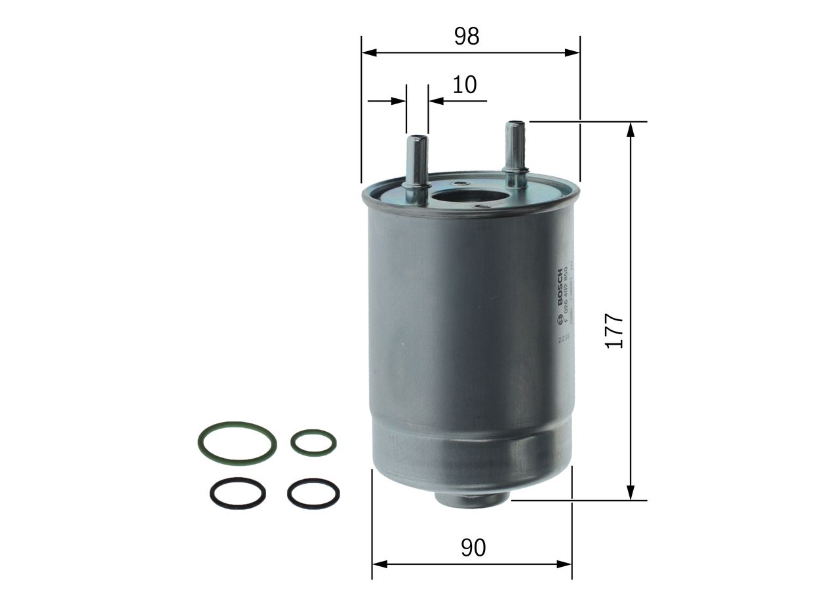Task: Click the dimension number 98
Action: [x=467, y=36]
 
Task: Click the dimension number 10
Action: [x=464, y=85]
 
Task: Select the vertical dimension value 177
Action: [x=614, y=331]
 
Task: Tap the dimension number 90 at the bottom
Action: [x=473, y=548]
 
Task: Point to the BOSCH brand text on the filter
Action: [x=559, y=288]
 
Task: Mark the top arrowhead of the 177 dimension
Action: [x=631, y=130]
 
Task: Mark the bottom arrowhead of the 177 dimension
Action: [x=631, y=492]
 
